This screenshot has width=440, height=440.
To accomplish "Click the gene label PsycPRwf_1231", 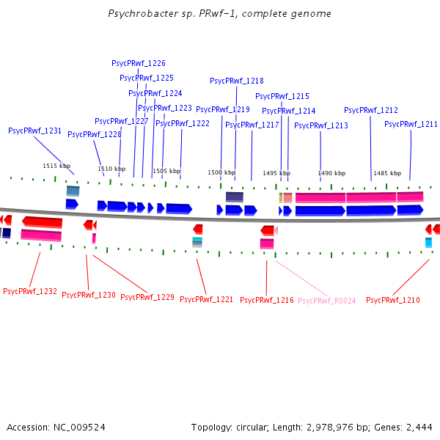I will tap(34, 131).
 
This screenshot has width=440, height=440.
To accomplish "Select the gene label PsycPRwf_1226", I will tap(139, 64).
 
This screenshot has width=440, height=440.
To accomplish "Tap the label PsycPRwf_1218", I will tap(237, 81).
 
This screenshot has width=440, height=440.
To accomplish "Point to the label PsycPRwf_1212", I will tap(371, 111).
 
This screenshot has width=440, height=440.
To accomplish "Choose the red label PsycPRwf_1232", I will tap(30, 292).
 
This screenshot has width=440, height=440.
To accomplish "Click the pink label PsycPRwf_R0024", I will tap(327, 301).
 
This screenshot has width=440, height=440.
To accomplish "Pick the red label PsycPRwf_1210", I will tap(393, 301).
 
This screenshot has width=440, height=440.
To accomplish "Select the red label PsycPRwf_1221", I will tap(207, 300).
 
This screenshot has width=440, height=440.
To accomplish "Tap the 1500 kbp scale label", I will tap(221, 173).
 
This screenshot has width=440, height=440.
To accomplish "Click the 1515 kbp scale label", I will tap(56, 166).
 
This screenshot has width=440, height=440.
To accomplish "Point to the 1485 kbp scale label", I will tap(387, 174).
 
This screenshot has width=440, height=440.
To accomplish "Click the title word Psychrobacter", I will tap(137, 14).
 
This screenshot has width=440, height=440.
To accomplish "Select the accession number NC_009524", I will tap(78, 428).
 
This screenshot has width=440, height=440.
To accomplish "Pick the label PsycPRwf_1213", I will tap(321, 126).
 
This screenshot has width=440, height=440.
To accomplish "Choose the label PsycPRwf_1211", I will tap(411, 125).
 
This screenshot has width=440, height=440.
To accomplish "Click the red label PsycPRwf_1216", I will tap(267, 301).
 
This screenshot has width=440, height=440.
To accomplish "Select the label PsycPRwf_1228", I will tap(95, 135).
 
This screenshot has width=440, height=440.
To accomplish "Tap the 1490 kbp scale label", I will tap(331, 174).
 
